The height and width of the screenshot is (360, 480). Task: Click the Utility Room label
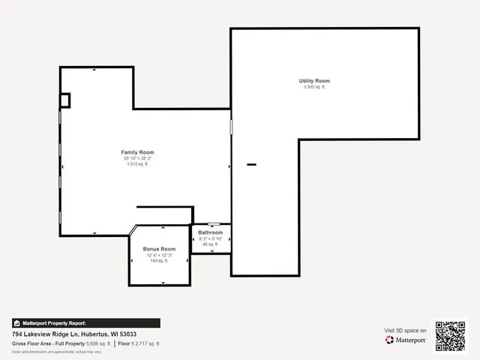[315, 81]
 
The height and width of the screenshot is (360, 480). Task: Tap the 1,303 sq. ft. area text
[315, 87]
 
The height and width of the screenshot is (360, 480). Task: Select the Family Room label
[137, 152]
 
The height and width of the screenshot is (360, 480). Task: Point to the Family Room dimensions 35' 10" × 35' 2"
[137, 158]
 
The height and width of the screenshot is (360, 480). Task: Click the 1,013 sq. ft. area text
[137, 164]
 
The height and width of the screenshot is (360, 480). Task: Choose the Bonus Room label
[159, 249]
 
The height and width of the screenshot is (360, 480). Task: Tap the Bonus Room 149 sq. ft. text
[159, 261]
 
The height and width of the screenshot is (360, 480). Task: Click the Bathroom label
[211, 232]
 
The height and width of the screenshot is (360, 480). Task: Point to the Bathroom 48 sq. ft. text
[211, 244]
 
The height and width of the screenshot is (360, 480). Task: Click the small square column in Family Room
[65, 100]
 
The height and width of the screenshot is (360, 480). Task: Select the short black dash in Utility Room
[252, 164]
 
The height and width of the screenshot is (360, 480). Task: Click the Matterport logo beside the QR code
[406, 340]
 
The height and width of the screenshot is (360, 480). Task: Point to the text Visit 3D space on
[406, 330]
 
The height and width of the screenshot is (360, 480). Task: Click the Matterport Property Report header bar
[85, 323]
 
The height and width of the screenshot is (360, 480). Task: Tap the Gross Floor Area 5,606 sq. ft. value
[98, 343]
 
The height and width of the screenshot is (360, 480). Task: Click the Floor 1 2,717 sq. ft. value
[150, 343]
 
